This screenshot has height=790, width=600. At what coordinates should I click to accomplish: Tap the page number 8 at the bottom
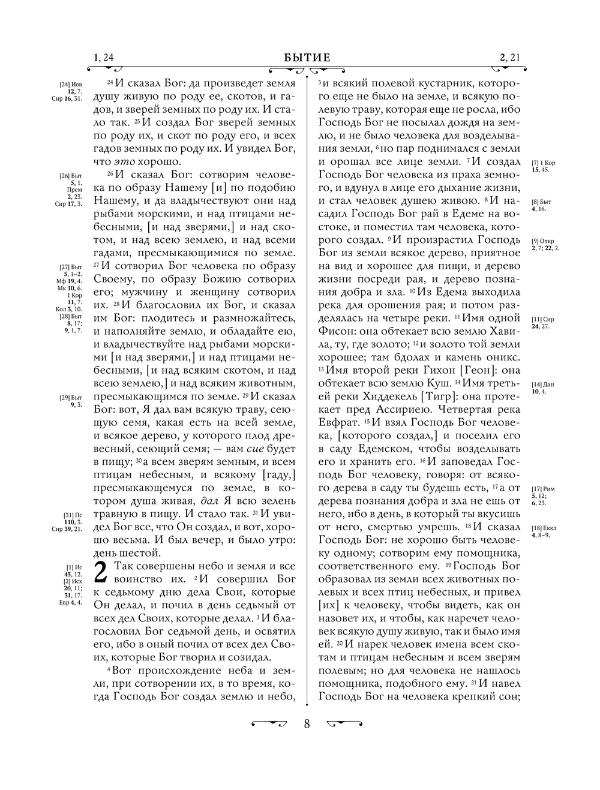(x=307, y=724)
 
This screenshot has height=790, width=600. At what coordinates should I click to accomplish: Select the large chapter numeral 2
(x=101, y=572)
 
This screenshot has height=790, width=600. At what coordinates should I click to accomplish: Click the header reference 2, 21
(x=509, y=58)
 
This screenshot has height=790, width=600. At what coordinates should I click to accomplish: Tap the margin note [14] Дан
(x=541, y=385)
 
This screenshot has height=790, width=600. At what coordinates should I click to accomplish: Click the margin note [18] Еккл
(x=544, y=528)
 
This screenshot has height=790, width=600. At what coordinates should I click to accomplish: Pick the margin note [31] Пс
(x=73, y=515)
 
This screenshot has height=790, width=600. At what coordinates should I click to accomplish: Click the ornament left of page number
(x=269, y=724)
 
